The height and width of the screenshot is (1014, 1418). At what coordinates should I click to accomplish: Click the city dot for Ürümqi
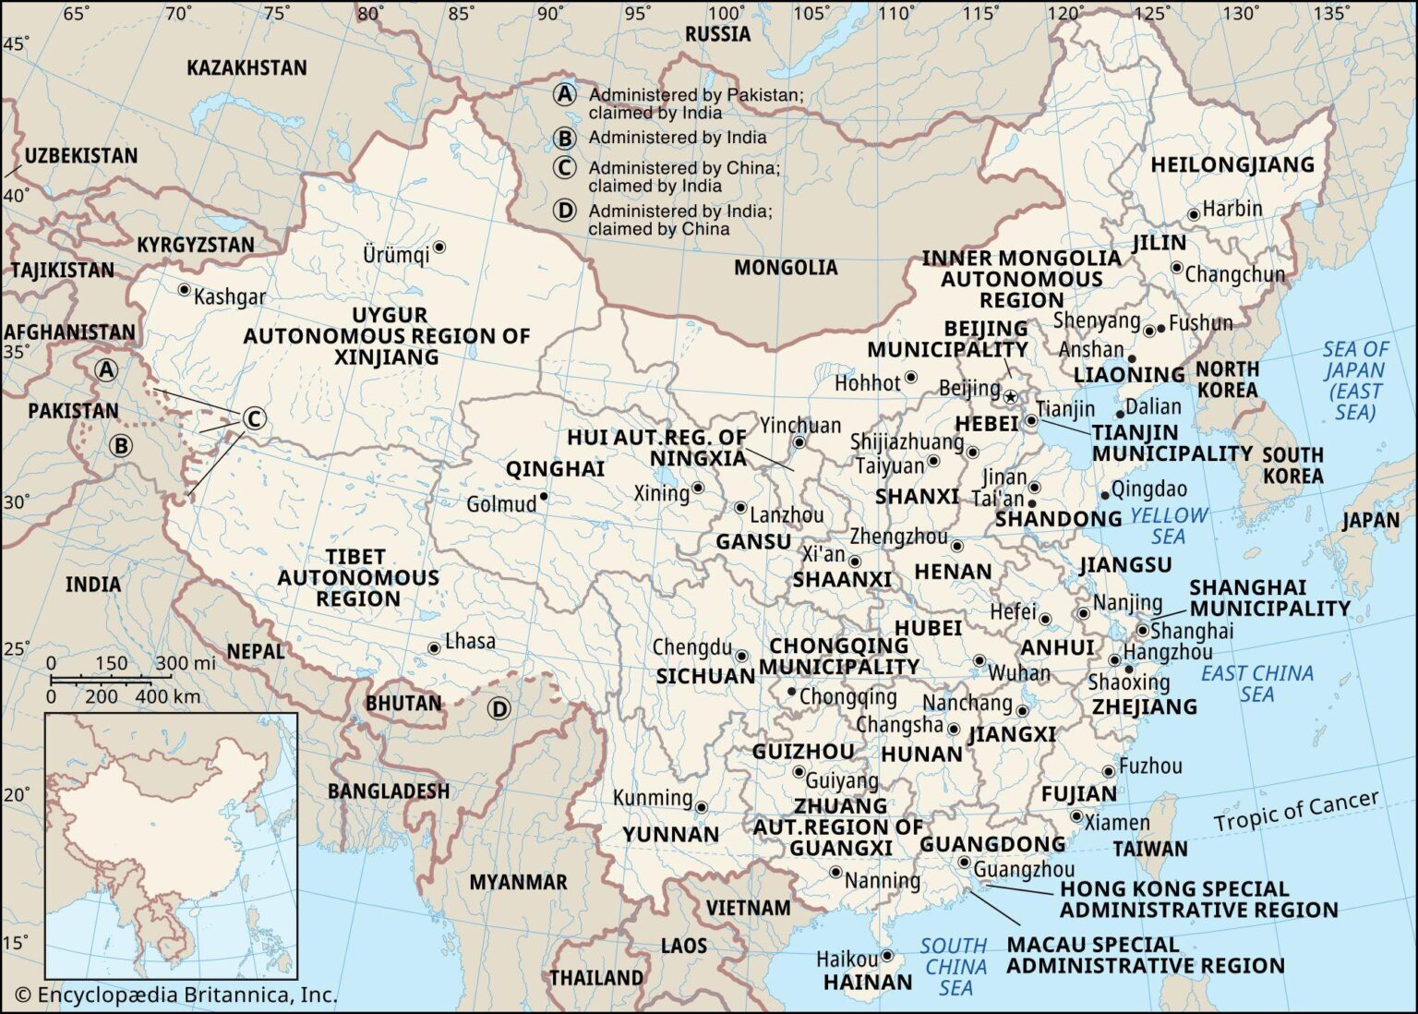(x=440, y=247)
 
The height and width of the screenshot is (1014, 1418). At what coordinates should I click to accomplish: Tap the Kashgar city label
(x=230, y=296)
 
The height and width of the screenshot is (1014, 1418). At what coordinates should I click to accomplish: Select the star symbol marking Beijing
(x=1010, y=397)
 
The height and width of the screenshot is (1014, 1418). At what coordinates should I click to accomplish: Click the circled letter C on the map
(x=253, y=419)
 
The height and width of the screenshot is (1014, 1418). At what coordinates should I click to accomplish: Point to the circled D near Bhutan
(x=499, y=709)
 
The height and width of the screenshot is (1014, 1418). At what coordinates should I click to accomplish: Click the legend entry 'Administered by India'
(x=677, y=138)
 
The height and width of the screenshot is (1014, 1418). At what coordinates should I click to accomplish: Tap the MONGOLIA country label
(x=786, y=268)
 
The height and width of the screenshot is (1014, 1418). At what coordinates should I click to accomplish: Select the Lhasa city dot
(x=434, y=648)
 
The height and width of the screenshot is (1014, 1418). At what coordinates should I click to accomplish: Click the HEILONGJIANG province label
(x=1232, y=165)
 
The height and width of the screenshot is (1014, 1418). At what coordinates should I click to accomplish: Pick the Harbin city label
(x=1232, y=209)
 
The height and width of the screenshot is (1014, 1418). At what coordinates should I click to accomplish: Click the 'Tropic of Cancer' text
(x=1296, y=810)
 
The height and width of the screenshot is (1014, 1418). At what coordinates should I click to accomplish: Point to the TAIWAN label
(x=1150, y=849)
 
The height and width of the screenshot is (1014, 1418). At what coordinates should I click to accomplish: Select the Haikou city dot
(x=887, y=956)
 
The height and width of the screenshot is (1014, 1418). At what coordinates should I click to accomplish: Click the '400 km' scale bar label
(x=168, y=696)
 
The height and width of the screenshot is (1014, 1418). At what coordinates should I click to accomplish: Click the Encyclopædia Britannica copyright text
(x=176, y=995)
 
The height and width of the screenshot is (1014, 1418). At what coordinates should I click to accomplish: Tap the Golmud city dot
(x=545, y=497)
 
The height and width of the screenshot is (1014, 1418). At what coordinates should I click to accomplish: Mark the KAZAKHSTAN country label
(x=246, y=68)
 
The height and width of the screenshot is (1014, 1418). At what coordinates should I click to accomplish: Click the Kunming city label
(x=653, y=798)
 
